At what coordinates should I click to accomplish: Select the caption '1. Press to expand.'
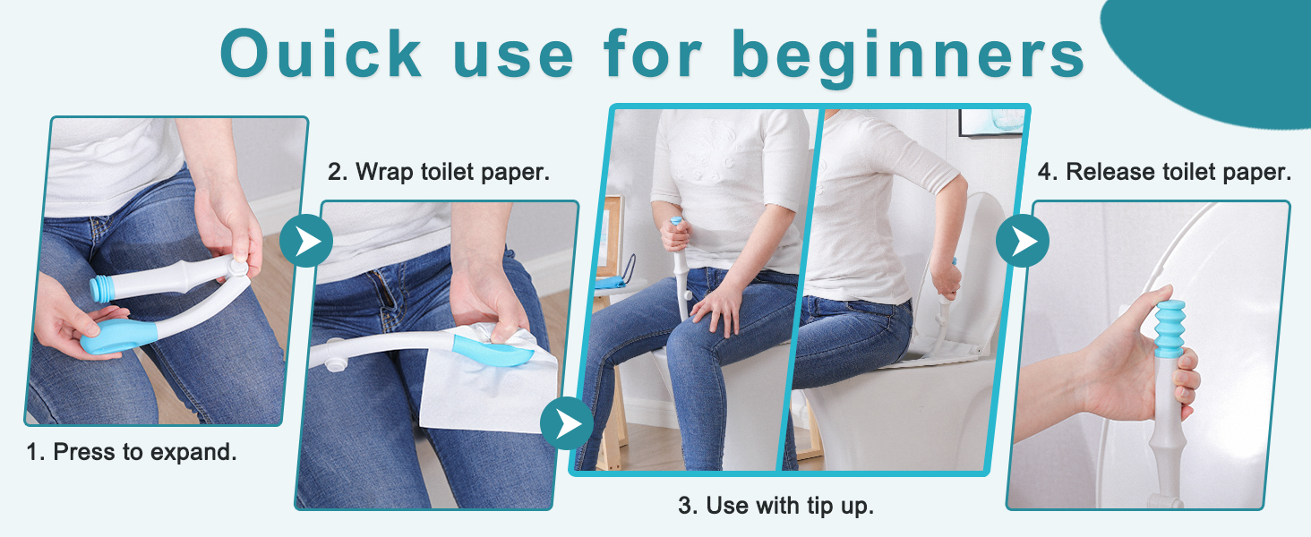132,452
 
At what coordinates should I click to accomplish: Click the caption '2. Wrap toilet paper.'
438,172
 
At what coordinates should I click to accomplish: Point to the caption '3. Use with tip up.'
775,505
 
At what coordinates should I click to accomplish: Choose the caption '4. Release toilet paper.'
1164,172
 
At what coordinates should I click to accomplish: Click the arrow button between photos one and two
306,240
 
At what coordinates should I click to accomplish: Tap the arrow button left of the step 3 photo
567,423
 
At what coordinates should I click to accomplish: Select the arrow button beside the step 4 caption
1023,240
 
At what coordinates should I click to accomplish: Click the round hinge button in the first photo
237,266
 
